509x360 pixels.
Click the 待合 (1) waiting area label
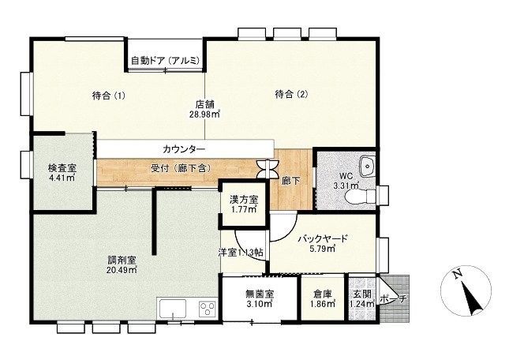tap(109, 96)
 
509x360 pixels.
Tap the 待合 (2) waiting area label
tap(291, 94)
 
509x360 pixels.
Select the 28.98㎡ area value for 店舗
tap(205, 114)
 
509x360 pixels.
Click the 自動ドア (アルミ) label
tap(165, 61)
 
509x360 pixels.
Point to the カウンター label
tap(184, 149)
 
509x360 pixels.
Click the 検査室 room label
tap(62, 168)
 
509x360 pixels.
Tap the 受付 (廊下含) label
tap(182, 168)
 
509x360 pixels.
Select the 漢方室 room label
tap(244, 199)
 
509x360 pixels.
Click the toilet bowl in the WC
tap(360, 196)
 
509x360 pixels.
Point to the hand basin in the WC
tap(368, 166)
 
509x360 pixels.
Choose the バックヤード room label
tap(323, 238)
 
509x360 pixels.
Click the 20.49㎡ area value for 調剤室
tap(122, 269)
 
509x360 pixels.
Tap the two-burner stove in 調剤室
tap(208, 308)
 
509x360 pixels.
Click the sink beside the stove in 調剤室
tap(172, 309)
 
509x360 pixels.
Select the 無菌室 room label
tap(260, 294)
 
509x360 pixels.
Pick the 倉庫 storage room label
tap(323, 294)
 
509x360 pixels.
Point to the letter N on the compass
tap(458, 274)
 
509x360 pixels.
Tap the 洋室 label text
tap(227, 253)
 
